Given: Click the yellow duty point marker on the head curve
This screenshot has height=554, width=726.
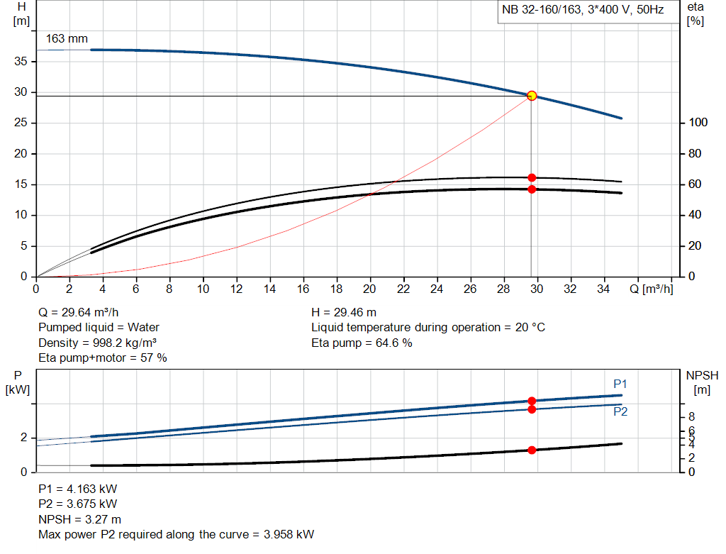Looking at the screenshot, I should [531, 96].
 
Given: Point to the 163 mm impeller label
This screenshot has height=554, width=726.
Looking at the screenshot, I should [67, 38].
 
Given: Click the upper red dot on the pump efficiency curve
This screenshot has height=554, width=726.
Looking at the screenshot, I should [532, 177].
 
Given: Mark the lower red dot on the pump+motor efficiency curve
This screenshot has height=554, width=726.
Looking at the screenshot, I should [532, 189].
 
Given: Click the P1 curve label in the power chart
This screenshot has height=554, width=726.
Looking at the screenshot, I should [620, 384].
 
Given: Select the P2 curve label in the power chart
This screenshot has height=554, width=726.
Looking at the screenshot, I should [620, 411].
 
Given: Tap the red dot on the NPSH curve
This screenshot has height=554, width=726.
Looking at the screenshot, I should [532, 450].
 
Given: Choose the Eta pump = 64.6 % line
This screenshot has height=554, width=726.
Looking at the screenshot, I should [362, 343].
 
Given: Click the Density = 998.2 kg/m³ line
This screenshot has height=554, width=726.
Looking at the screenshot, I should [97, 343].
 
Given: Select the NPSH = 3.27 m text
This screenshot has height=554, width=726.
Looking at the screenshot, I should [79, 519].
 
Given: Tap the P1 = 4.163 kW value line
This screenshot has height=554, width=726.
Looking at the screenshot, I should [78, 489].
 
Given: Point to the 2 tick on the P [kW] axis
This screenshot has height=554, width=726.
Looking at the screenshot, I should [23, 438].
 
